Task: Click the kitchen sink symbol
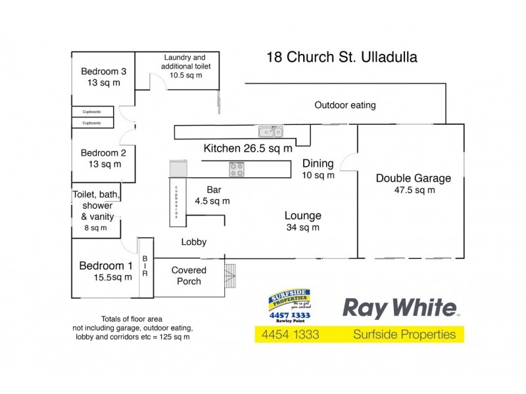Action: click(x=270, y=131)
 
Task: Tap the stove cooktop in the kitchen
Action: click(x=236, y=169)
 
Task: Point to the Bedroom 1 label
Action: click(x=105, y=271)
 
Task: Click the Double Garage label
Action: click(x=413, y=184)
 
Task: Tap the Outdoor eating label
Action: click(x=345, y=105)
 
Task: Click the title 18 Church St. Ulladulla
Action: click(x=341, y=57)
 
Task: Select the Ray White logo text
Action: click(x=400, y=309)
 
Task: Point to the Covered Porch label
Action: click(x=189, y=276)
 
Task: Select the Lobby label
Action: click(x=194, y=242)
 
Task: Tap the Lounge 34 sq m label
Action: click(x=302, y=221)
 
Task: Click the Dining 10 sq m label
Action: click(x=318, y=169)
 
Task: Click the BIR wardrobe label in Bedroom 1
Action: click(x=145, y=266)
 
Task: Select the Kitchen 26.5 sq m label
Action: click(x=248, y=148)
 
